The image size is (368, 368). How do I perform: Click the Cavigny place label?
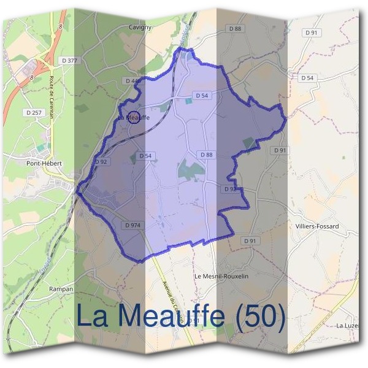click(140, 27)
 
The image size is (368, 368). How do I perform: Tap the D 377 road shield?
click(70, 60)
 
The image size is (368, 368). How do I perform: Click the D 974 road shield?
click(132, 225)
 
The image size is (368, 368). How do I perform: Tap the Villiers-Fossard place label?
click(317, 226)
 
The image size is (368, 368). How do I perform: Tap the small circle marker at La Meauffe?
click(133, 117)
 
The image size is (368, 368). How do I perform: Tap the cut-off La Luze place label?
click(347, 324)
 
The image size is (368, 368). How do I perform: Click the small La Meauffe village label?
click(134, 117)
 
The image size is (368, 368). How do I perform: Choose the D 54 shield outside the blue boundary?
click(308, 78)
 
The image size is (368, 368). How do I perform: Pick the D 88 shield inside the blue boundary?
click(205, 155)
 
